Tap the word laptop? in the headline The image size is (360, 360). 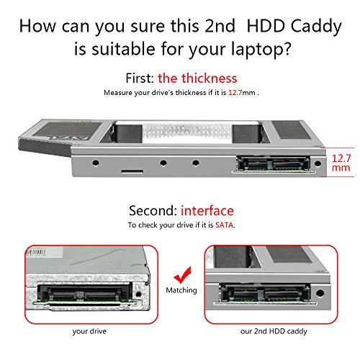pyautogui.click(x=261, y=50)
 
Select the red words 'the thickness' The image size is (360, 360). pyautogui.click(x=197, y=78)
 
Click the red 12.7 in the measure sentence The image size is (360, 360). pyautogui.click(x=235, y=93)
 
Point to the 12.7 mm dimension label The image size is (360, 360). pyautogui.click(x=341, y=163)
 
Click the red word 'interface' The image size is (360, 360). pyautogui.click(x=207, y=211)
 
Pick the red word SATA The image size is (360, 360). pyautogui.click(x=224, y=225)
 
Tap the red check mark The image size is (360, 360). pyautogui.click(x=183, y=275)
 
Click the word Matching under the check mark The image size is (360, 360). pyautogui.click(x=181, y=290)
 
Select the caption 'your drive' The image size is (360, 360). pyautogui.click(x=89, y=331)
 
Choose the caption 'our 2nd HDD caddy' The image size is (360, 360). pyautogui.click(x=274, y=331)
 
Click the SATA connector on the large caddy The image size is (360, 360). pyautogui.click(x=273, y=163)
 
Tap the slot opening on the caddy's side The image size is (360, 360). pyautogui.click(x=132, y=171)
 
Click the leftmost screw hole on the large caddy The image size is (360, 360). pyautogui.click(x=96, y=163)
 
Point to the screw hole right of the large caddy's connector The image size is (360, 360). pyautogui.click(x=318, y=164)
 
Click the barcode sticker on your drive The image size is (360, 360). pyautogui.click(x=36, y=252)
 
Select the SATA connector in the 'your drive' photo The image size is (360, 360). pyautogui.click(x=84, y=294)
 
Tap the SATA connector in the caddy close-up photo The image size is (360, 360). pyautogui.click(x=264, y=293)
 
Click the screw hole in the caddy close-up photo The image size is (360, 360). pyautogui.click(x=320, y=293)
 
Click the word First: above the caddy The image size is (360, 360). pyautogui.click(x=140, y=78)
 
